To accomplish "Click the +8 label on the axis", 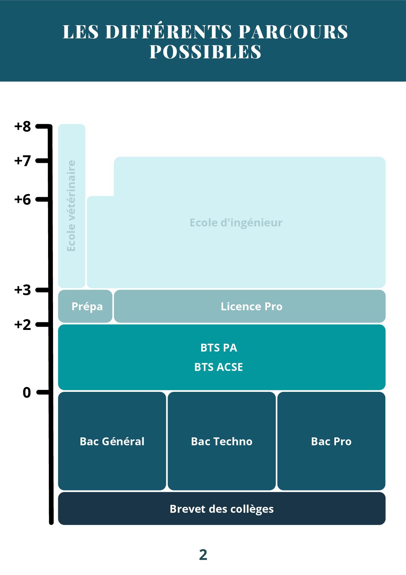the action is (x=22, y=126).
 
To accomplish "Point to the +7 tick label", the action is (x=22, y=161).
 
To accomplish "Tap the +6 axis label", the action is (x=22, y=199).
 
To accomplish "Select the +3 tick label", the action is (x=22, y=290).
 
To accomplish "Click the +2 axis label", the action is (x=22, y=325).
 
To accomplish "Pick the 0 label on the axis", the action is (x=27, y=392).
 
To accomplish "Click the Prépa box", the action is (x=85, y=306).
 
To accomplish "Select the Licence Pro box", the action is (x=250, y=306).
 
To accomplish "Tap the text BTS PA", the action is (x=219, y=348).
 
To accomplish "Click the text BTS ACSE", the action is (x=219, y=367).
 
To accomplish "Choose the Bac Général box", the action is (x=112, y=441).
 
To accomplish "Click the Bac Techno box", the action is (x=221, y=441).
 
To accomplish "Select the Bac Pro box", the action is (x=331, y=441).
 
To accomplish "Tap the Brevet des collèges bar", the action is (x=221, y=508).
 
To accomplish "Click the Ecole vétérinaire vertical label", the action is (x=71, y=206).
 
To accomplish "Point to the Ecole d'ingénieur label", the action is (x=236, y=223).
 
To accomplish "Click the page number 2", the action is (x=203, y=555).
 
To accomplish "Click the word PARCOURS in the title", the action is (x=293, y=32).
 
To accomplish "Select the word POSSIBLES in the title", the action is (x=205, y=51).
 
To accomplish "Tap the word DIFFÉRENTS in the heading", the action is (x=169, y=31).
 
